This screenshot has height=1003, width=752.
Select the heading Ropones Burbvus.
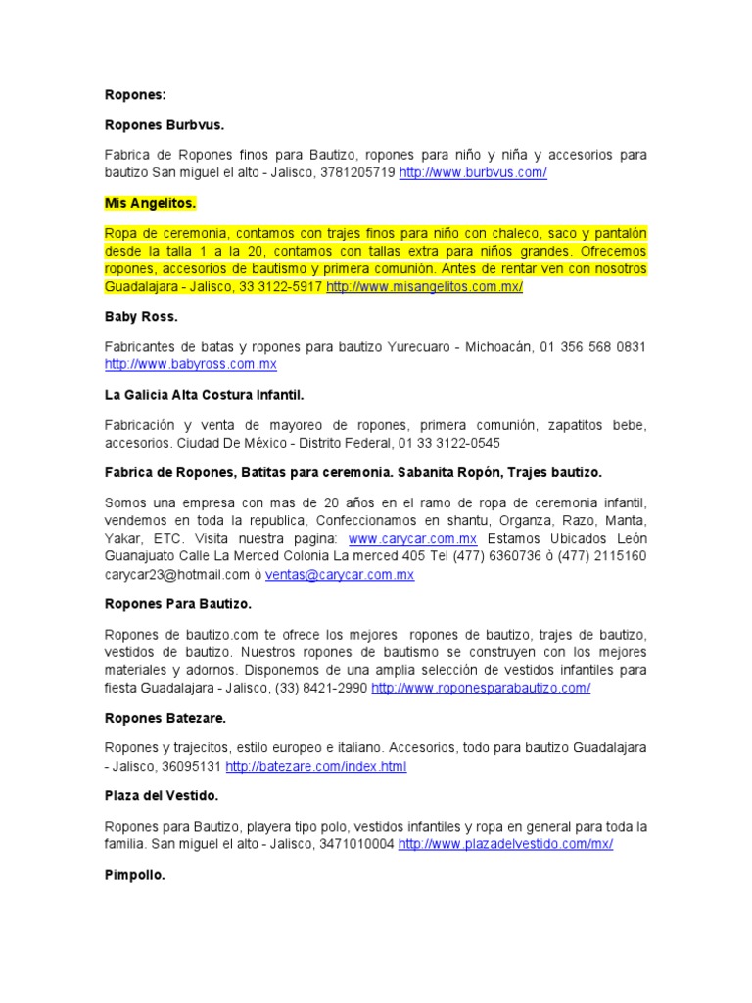(164, 125)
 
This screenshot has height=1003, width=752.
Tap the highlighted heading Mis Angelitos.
(151, 203)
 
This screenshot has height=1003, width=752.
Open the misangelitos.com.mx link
(425, 286)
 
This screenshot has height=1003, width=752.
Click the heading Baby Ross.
(141, 317)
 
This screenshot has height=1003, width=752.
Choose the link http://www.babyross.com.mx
(191, 364)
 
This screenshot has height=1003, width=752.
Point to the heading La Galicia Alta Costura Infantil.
(205, 395)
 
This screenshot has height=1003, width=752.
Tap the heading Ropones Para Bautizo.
(178, 604)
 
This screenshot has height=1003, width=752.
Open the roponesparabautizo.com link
(481, 688)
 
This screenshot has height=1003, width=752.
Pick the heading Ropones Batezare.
(165, 718)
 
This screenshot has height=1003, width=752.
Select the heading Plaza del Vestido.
(162, 796)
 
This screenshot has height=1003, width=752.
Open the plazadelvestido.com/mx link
(505, 844)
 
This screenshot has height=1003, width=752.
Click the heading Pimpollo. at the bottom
(135, 875)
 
